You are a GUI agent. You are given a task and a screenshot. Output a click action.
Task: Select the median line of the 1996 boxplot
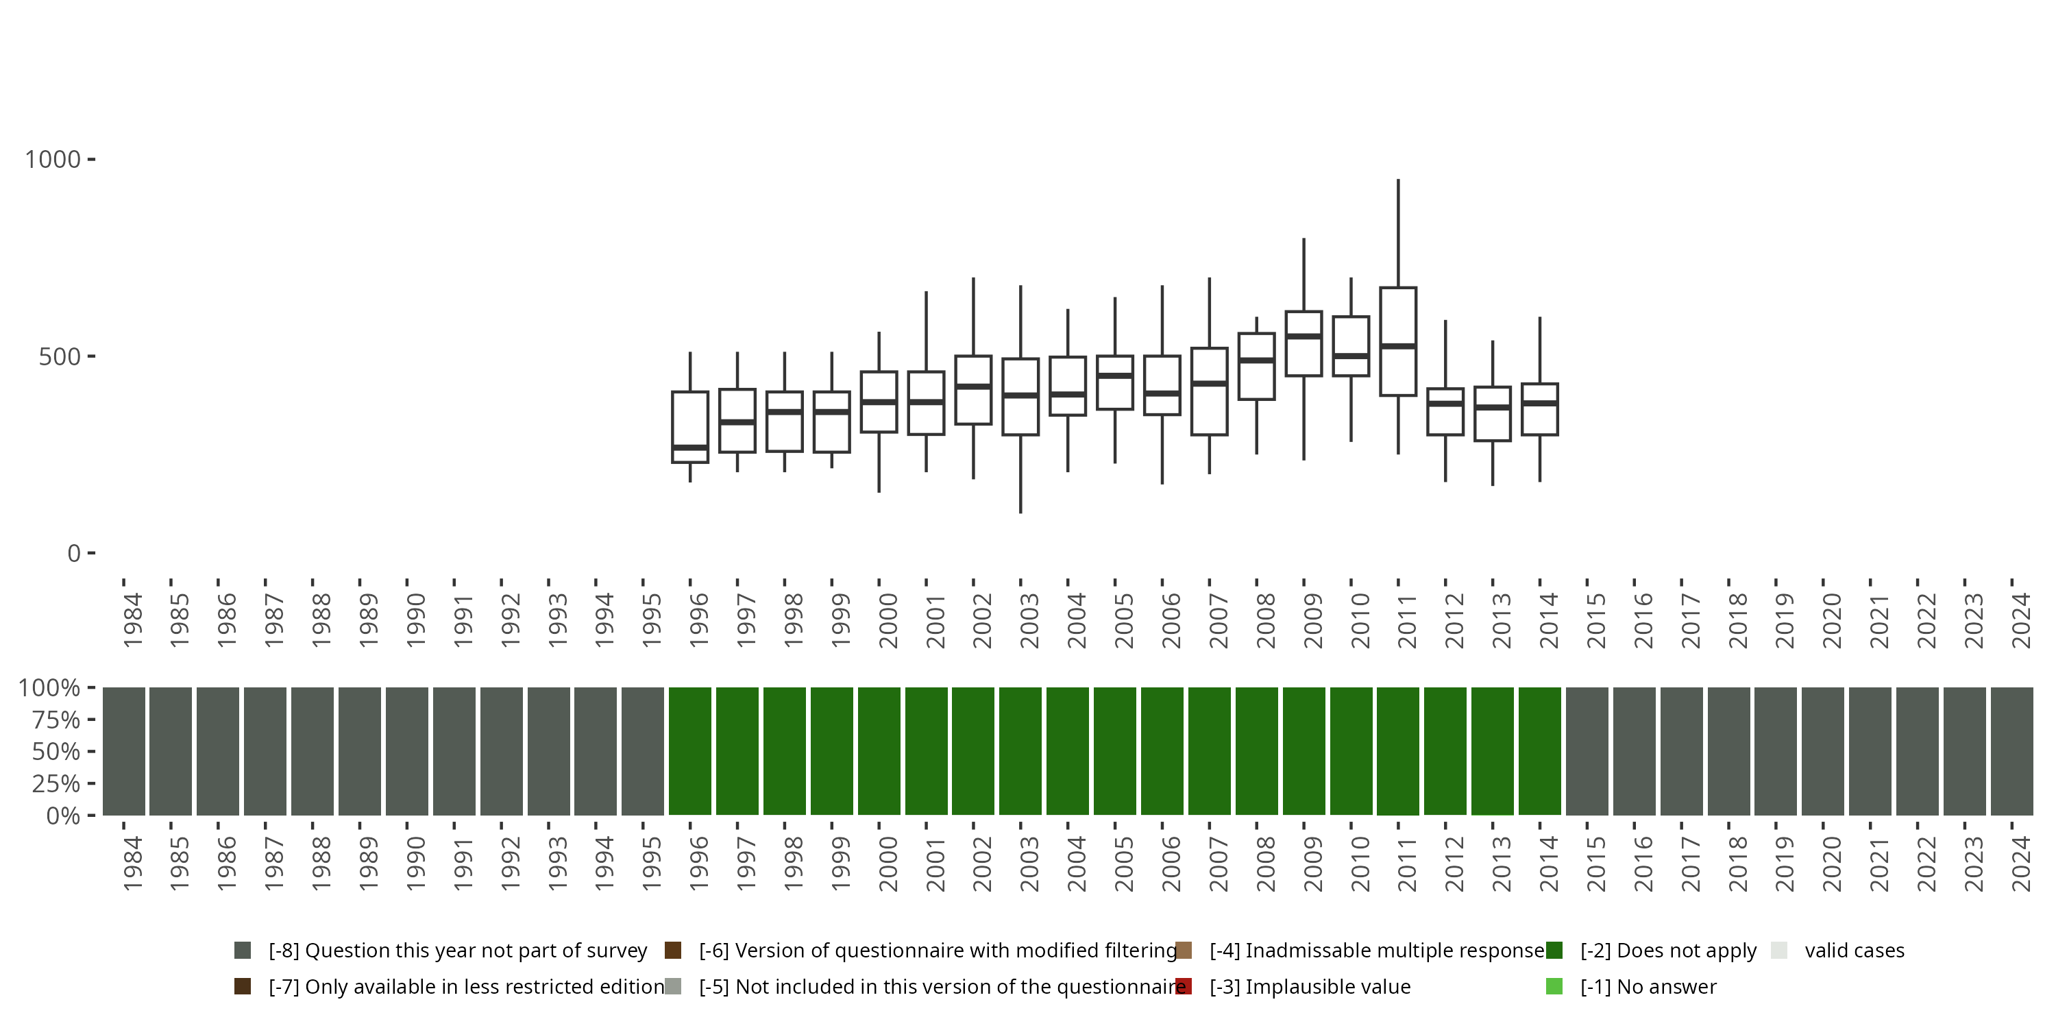tap(689, 448)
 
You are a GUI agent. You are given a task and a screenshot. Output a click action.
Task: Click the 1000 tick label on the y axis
tap(53, 160)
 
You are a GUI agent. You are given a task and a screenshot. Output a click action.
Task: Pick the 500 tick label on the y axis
tap(60, 356)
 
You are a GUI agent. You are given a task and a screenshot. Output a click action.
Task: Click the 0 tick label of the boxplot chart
tap(74, 553)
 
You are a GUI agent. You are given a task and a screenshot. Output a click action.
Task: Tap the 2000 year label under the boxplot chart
tap(888, 620)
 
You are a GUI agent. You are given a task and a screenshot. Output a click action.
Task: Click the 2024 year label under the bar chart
tap(2022, 864)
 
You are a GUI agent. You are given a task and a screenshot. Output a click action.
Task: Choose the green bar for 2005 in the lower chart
tap(1115, 751)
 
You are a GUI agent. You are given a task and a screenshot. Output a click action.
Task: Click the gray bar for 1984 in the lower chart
tap(124, 751)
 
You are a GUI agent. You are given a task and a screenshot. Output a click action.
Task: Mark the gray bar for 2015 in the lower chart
tap(1587, 751)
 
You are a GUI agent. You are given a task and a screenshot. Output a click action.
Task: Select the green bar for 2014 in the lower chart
tap(1540, 751)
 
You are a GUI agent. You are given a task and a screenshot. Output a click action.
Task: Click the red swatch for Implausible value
tap(1184, 986)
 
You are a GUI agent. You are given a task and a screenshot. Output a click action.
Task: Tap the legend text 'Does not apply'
tap(1668, 951)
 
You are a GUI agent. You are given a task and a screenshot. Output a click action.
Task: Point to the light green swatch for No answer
tap(1554, 986)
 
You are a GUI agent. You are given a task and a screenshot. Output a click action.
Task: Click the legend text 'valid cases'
tap(1854, 951)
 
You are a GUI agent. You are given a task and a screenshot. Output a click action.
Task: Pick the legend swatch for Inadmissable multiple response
tap(1184, 951)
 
